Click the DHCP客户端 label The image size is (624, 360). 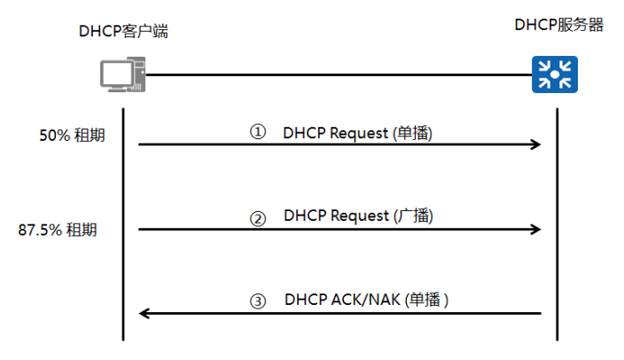[122, 32]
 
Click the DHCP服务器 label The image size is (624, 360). [558, 25]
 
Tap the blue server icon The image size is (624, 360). [555, 74]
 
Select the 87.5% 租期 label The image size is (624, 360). [58, 230]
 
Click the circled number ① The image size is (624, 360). [257, 132]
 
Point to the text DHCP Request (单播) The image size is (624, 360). [358, 133]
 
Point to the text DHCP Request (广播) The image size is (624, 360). [358, 215]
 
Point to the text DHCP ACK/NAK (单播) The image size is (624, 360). [367, 300]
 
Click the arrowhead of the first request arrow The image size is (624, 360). [535, 144]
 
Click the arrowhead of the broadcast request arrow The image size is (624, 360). [535, 229]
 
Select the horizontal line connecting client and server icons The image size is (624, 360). [337, 74]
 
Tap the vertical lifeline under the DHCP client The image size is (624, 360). [122, 222]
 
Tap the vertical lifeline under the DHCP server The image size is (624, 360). [557, 222]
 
